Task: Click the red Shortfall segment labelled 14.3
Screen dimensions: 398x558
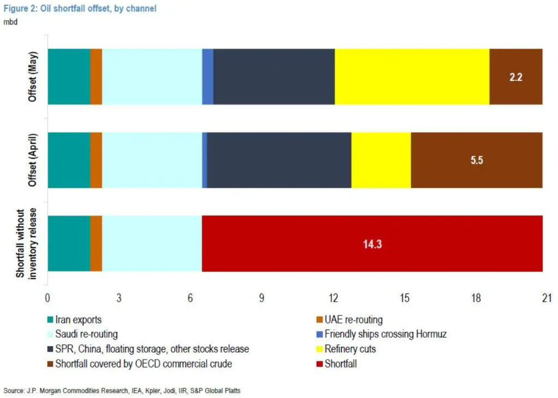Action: [372, 243]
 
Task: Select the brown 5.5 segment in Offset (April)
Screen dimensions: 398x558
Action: [477, 160]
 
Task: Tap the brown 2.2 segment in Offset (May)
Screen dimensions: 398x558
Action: [516, 77]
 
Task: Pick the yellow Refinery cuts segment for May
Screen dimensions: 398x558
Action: [412, 77]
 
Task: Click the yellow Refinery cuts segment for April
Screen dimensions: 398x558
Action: [381, 160]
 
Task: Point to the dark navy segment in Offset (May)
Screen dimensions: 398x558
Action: [274, 77]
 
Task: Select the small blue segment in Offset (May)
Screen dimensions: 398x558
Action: [208, 77]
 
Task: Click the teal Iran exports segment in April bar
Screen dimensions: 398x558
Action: [69, 160]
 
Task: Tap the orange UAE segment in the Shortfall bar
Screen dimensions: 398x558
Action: [96, 243]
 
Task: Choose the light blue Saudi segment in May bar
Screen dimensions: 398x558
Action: [152, 77]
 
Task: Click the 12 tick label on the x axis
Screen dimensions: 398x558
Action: [333, 298]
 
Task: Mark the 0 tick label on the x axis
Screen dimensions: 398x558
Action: [48, 298]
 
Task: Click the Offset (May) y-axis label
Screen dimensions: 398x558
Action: [33, 77]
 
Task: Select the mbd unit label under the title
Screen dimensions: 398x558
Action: [10, 22]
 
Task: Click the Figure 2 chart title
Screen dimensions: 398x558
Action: [80, 9]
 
